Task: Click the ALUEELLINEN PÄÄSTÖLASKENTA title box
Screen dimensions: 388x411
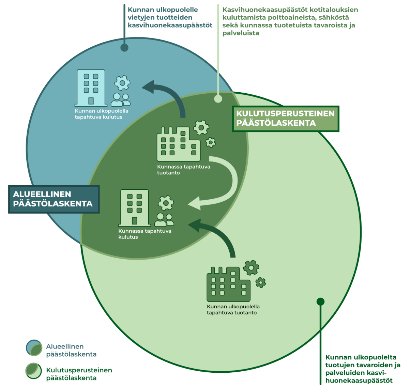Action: [54, 199]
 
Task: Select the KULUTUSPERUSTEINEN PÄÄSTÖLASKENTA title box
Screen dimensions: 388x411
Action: [286, 119]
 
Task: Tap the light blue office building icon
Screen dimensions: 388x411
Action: [90, 88]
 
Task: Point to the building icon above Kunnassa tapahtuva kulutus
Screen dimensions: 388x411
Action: [134, 208]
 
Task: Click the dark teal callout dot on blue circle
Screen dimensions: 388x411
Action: [124, 47]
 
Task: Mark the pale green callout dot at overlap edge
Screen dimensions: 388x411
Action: [218, 99]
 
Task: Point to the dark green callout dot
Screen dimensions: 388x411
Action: [320, 301]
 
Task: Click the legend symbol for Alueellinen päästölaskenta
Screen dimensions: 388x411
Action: [34, 348]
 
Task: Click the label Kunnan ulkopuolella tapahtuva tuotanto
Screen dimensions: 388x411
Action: [233, 310]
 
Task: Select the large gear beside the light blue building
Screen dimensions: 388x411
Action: [122, 83]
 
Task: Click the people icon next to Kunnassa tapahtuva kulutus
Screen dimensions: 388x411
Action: [164, 220]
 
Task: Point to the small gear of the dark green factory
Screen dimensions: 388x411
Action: [261, 282]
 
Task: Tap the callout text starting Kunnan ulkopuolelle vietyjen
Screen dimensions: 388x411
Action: [170, 18]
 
